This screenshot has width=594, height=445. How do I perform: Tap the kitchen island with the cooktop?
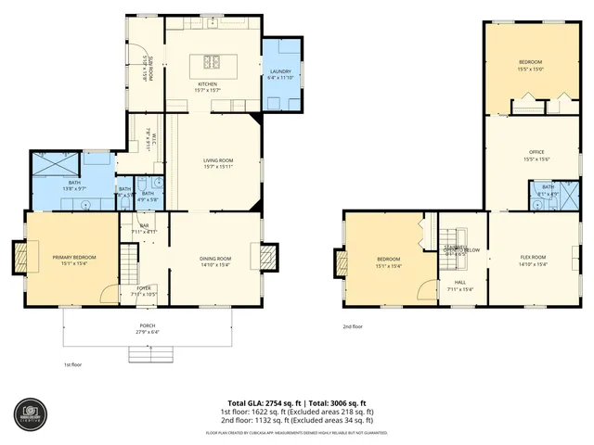(x=208, y=65)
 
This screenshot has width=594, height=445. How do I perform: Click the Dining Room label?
(x=215, y=261)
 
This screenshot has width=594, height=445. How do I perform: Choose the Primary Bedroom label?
(x=73, y=261)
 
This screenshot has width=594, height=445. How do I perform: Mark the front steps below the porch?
(x=148, y=355)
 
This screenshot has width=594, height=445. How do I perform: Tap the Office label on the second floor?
(x=536, y=155)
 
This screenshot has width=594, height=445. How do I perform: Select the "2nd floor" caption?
(x=353, y=326)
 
